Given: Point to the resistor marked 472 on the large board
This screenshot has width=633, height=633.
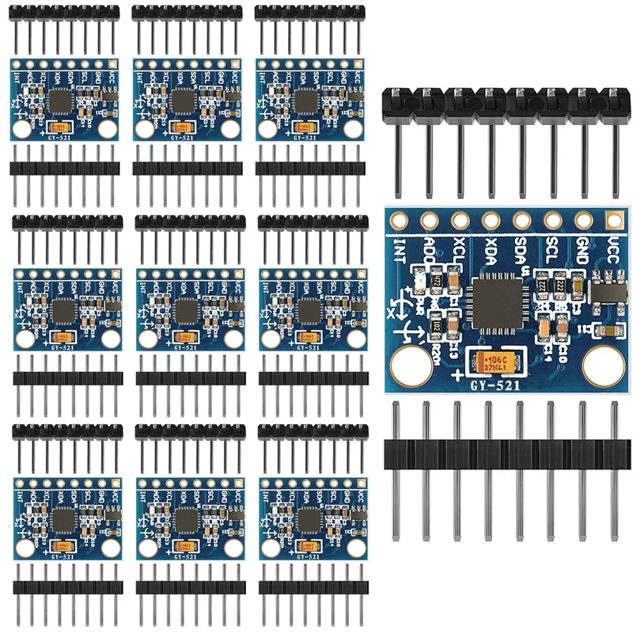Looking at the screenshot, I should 436,282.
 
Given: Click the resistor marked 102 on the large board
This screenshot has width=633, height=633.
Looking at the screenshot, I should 436,324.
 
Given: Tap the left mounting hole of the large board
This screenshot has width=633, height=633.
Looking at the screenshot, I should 411,366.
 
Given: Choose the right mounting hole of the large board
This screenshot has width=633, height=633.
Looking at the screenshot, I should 601,366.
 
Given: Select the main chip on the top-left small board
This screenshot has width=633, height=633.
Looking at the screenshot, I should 61,100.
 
